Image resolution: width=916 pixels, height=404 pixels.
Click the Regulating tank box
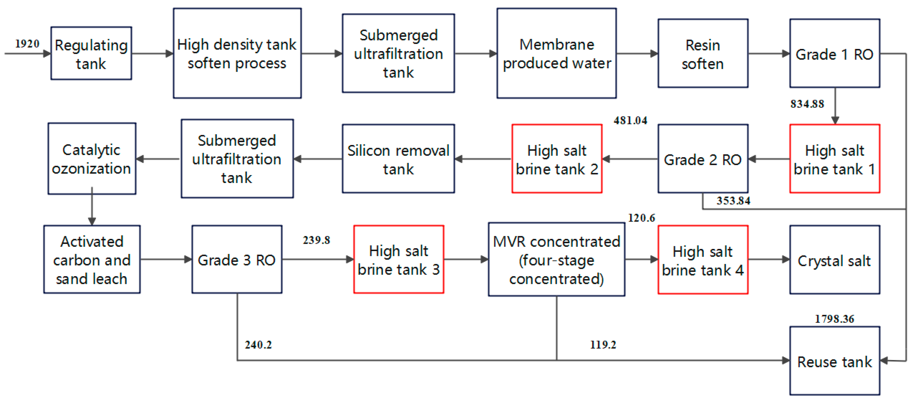pos(91,53)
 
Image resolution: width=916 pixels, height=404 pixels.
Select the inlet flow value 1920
pos(27,44)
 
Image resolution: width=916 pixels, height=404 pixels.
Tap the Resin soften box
pos(703,53)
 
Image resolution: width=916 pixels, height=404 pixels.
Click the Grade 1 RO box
pos(835,53)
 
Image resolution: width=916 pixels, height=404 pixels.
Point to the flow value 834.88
pos(807,104)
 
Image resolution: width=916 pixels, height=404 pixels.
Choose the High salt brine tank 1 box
pos(835,159)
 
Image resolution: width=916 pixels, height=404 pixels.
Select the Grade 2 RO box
pos(703,159)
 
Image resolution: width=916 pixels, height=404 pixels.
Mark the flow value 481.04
pos(630,121)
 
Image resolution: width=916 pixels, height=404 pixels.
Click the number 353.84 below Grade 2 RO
pos(733,201)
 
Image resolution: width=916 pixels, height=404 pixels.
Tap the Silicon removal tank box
pos(398,159)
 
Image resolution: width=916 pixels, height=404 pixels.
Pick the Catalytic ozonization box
pos(92,159)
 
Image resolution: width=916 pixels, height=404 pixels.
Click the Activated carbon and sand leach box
pos(92,259)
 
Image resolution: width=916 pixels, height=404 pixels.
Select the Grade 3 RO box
pos(237,259)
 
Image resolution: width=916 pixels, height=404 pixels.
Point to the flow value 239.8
pos(316,240)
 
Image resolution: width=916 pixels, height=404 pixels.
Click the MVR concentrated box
pos(557,259)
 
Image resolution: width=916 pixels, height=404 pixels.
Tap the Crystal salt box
pos(835,260)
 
